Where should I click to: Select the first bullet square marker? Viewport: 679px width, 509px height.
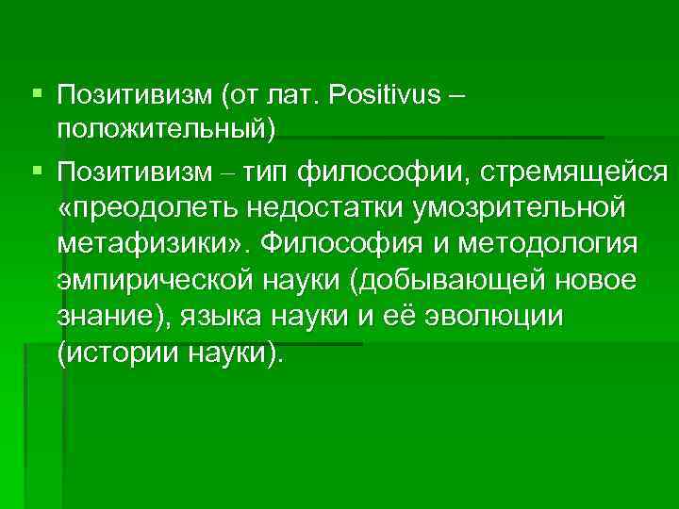(x=36, y=94)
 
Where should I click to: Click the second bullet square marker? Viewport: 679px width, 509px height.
(x=36, y=171)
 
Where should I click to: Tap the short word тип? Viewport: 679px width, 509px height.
(x=270, y=172)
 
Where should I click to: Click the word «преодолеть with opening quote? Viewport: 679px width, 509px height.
(x=147, y=207)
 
